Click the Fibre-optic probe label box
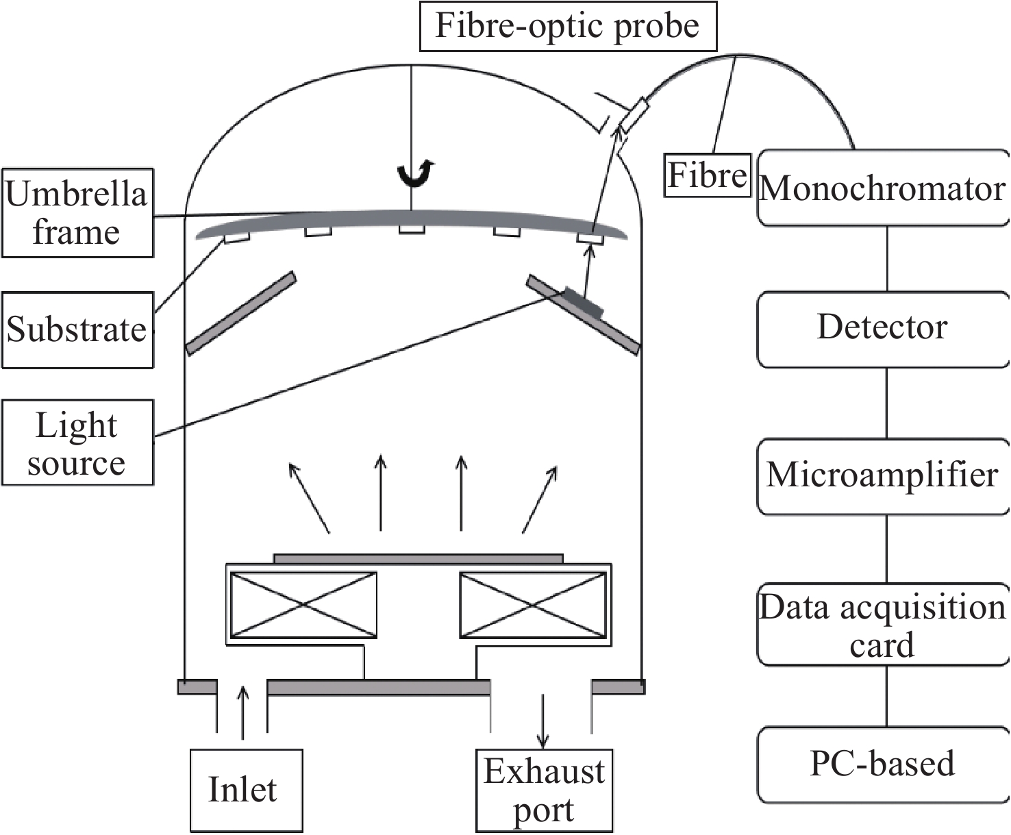567,27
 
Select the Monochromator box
882,188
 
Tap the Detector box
882,328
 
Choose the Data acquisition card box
882,624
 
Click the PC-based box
882,764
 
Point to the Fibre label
707,175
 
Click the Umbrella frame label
77,213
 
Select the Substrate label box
77,329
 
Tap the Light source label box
77,443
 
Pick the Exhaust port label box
544,790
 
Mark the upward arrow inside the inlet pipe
242,712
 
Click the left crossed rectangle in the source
303,605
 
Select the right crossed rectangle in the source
533,605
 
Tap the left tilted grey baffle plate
240,313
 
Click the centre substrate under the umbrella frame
412,229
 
